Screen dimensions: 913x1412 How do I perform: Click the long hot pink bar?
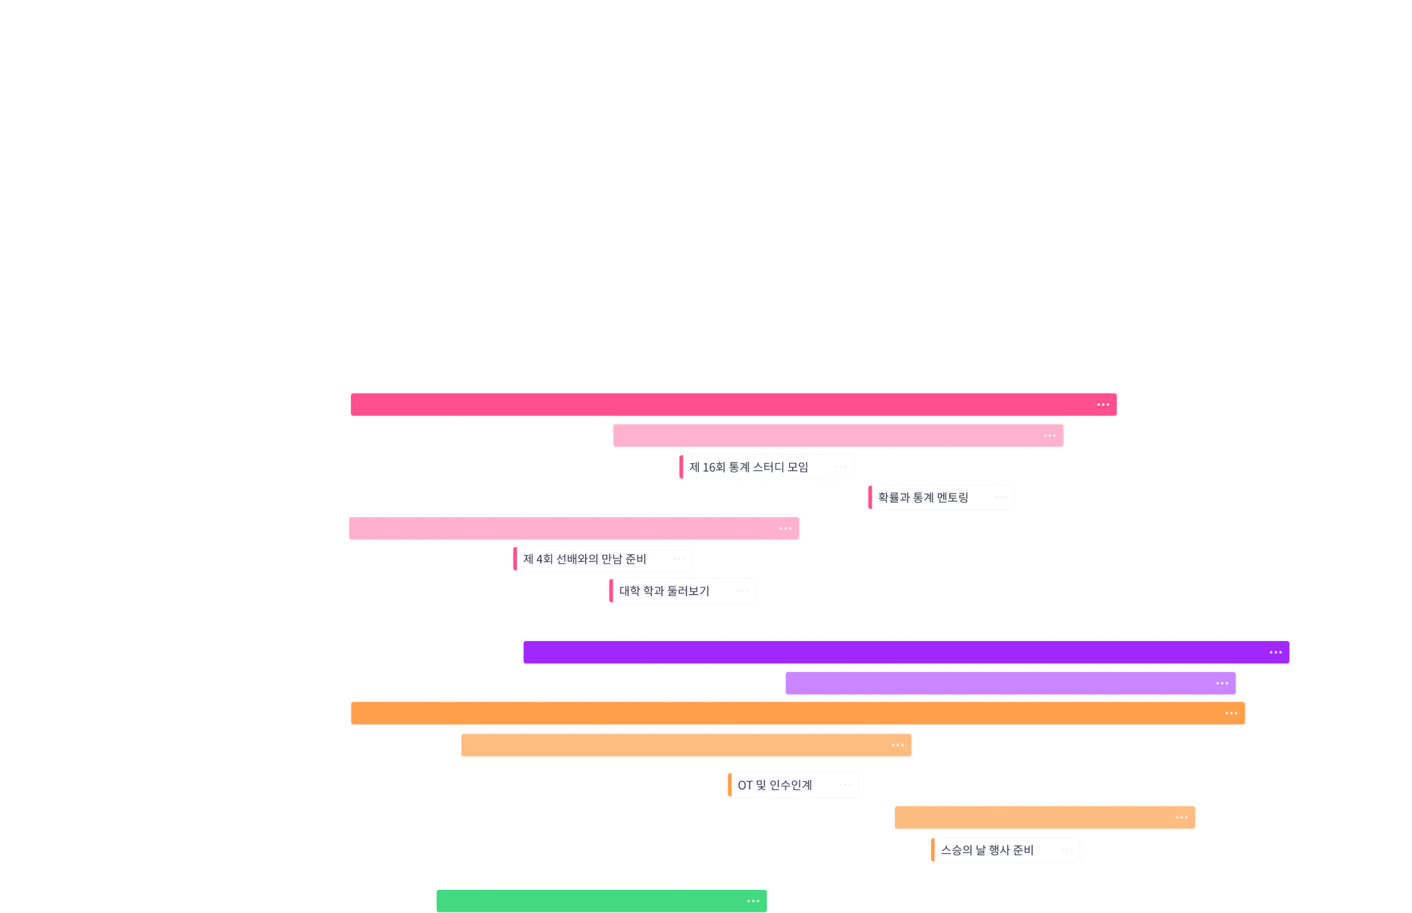[x=723, y=404]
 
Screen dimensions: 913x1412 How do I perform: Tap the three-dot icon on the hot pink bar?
[x=1102, y=404]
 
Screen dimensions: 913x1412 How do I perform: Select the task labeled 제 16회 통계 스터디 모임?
[x=749, y=467]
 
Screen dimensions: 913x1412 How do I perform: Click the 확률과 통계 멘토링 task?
[x=923, y=498]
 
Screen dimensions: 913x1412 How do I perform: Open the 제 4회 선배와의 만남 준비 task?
[x=584, y=559]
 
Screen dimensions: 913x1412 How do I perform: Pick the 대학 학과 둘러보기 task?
[x=664, y=591]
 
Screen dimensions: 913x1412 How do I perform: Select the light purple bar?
[x=998, y=684]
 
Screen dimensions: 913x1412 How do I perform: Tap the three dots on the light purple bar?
[x=1222, y=684]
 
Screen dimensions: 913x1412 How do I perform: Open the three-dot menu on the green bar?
[x=753, y=901]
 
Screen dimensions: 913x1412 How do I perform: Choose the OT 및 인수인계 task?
[x=775, y=785]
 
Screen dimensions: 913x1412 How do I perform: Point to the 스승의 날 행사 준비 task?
[x=987, y=850]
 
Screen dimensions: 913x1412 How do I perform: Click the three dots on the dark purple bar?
[x=1275, y=653]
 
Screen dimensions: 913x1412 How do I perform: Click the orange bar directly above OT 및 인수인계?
[x=673, y=745]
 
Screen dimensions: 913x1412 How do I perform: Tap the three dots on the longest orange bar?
[x=1231, y=713]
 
